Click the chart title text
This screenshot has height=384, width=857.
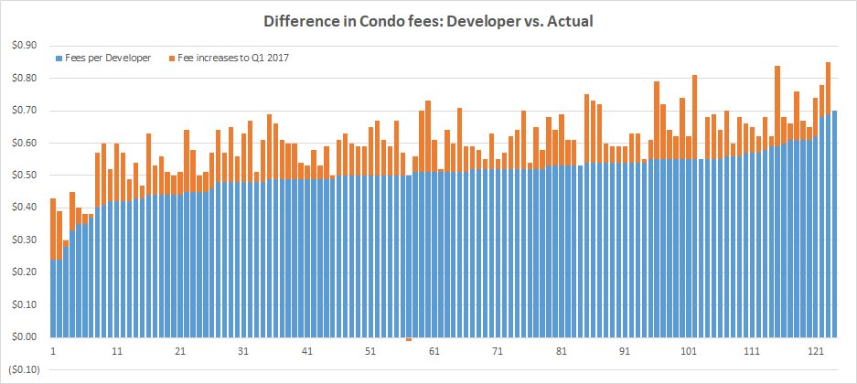(x=428, y=21)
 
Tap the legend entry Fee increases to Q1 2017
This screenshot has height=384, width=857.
(x=220, y=58)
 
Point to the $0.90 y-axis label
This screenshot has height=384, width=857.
(x=24, y=46)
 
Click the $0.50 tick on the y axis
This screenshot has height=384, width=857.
(x=24, y=176)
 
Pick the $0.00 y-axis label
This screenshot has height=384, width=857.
(x=24, y=337)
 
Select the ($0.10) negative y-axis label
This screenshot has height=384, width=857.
(x=22, y=369)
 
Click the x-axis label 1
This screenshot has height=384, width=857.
(x=53, y=352)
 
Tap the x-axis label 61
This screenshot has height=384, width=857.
(x=435, y=352)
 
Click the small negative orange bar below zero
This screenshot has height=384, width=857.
(x=408, y=339)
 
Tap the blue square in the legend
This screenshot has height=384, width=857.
(x=59, y=58)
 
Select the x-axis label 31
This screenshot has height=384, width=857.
(x=243, y=352)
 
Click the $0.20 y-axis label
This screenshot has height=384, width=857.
(x=24, y=272)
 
